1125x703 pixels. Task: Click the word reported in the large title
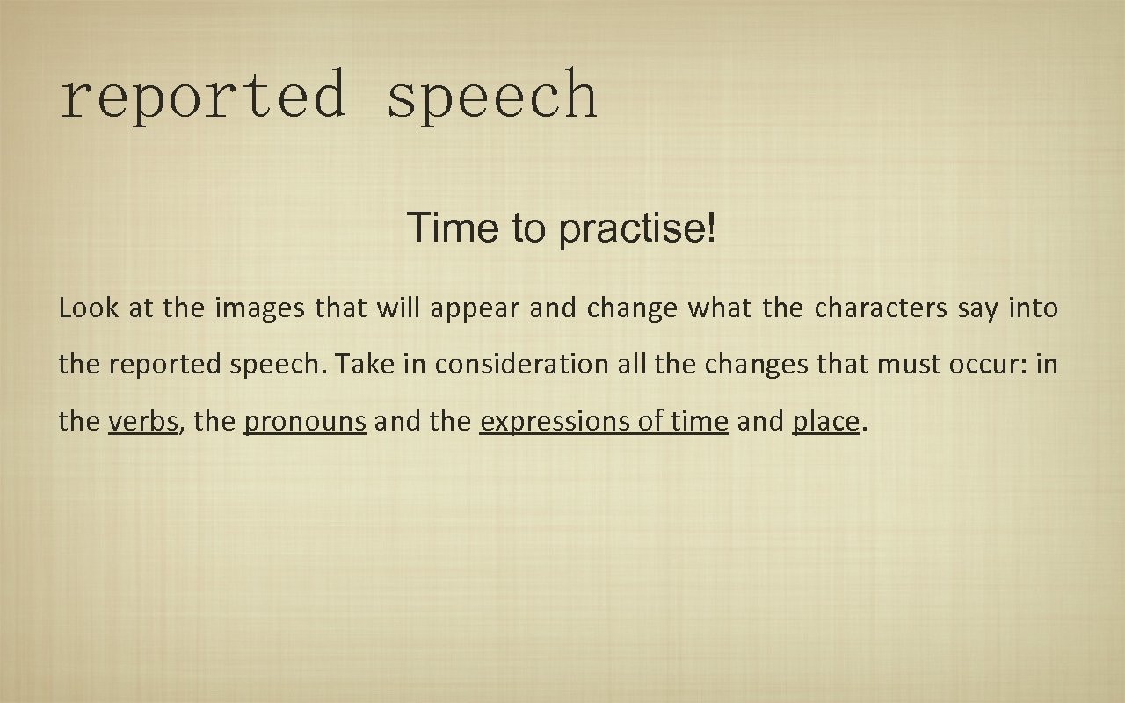[x=202, y=97]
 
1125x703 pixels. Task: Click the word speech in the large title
[x=492, y=97]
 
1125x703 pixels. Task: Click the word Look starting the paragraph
[x=84, y=308]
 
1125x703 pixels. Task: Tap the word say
[x=977, y=310]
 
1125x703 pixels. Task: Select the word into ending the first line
[x=1034, y=308]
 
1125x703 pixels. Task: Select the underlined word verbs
[x=143, y=422]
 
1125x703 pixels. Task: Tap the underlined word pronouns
[x=304, y=423]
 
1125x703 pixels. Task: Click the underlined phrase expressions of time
[x=604, y=423]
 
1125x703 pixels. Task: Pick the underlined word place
[x=825, y=423]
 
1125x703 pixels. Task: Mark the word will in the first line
[x=399, y=308]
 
